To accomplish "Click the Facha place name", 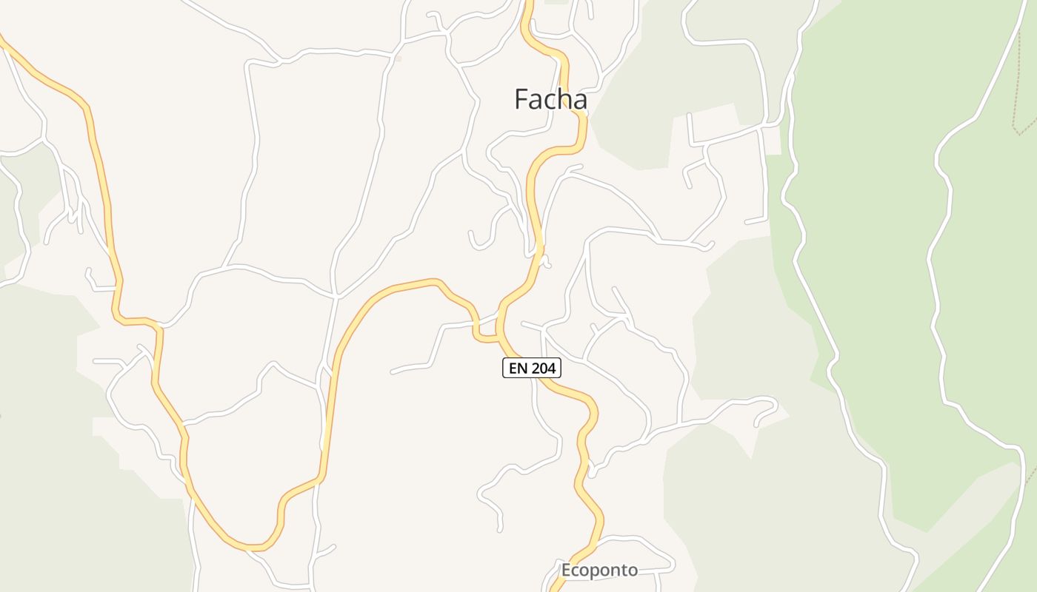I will point(550,99).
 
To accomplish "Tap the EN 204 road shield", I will point(532,368).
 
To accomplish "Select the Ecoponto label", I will point(599,571).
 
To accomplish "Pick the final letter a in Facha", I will point(579,101).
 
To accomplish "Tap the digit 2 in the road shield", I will point(536,368).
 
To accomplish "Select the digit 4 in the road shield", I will point(552,368).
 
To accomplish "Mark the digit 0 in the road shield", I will point(544,368).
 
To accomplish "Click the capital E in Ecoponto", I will point(567,571).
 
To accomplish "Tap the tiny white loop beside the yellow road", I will point(546,261).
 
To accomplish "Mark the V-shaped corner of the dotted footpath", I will point(1020,132).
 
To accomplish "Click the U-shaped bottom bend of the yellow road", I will point(252,547).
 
